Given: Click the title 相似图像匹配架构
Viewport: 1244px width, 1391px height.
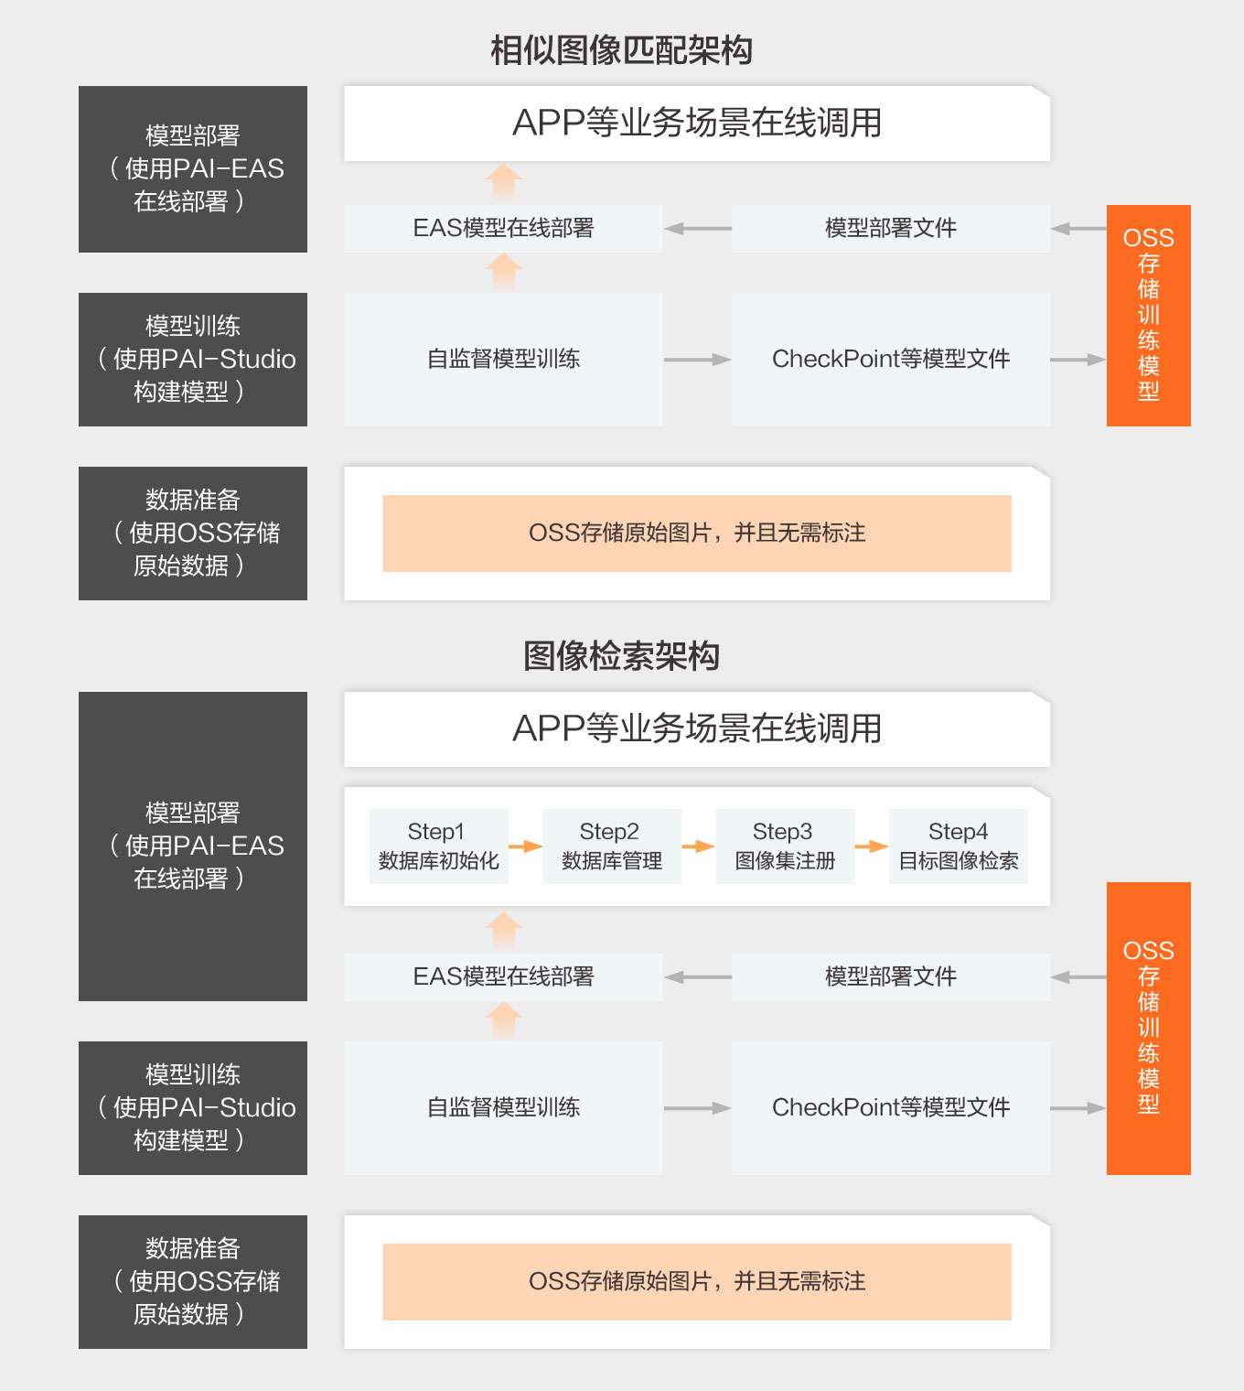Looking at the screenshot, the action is click(621, 51).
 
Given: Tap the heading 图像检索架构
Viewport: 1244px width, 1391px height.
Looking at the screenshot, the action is click(621, 655).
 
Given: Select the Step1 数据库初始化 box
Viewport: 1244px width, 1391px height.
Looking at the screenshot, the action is click(438, 846).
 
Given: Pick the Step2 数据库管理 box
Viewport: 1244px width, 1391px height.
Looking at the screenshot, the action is click(612, 846).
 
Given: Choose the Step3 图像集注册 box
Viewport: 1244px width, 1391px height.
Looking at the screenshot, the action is click(785, 846).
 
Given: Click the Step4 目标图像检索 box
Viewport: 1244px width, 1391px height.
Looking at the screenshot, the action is click(959, 846).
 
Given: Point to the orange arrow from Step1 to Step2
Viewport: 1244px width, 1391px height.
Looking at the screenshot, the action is click(526, 846).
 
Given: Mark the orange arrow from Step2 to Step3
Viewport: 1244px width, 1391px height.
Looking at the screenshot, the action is click(699, 846).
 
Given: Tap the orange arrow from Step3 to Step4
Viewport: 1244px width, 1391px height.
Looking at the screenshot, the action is click(872, 846).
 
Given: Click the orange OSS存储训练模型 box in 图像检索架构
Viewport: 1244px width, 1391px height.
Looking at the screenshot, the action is click(1149, 1028).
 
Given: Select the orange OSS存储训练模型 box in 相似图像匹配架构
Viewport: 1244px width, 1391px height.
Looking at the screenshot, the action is click(1149, 315).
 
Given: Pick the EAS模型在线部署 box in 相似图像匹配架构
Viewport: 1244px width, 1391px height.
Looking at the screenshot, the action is click(504, 228).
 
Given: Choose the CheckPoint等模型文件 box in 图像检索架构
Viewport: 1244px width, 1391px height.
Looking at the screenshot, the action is click(891, 1107).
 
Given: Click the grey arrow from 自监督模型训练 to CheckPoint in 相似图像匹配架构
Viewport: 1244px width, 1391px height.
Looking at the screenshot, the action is click(697, 359).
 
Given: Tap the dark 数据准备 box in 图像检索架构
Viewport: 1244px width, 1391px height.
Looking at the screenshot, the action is click(193, 1282).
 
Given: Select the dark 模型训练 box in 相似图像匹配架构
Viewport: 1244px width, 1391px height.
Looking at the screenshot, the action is click(193, 359).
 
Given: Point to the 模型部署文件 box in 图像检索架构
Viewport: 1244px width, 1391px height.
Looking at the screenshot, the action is click(891, 976).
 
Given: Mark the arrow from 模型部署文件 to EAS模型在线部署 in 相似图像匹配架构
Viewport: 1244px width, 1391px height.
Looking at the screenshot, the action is click(697, 229).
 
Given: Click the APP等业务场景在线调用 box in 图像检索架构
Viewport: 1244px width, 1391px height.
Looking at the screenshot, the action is click(697, 729).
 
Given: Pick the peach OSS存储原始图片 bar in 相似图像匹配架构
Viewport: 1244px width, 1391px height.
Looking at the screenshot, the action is click(697, 534).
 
